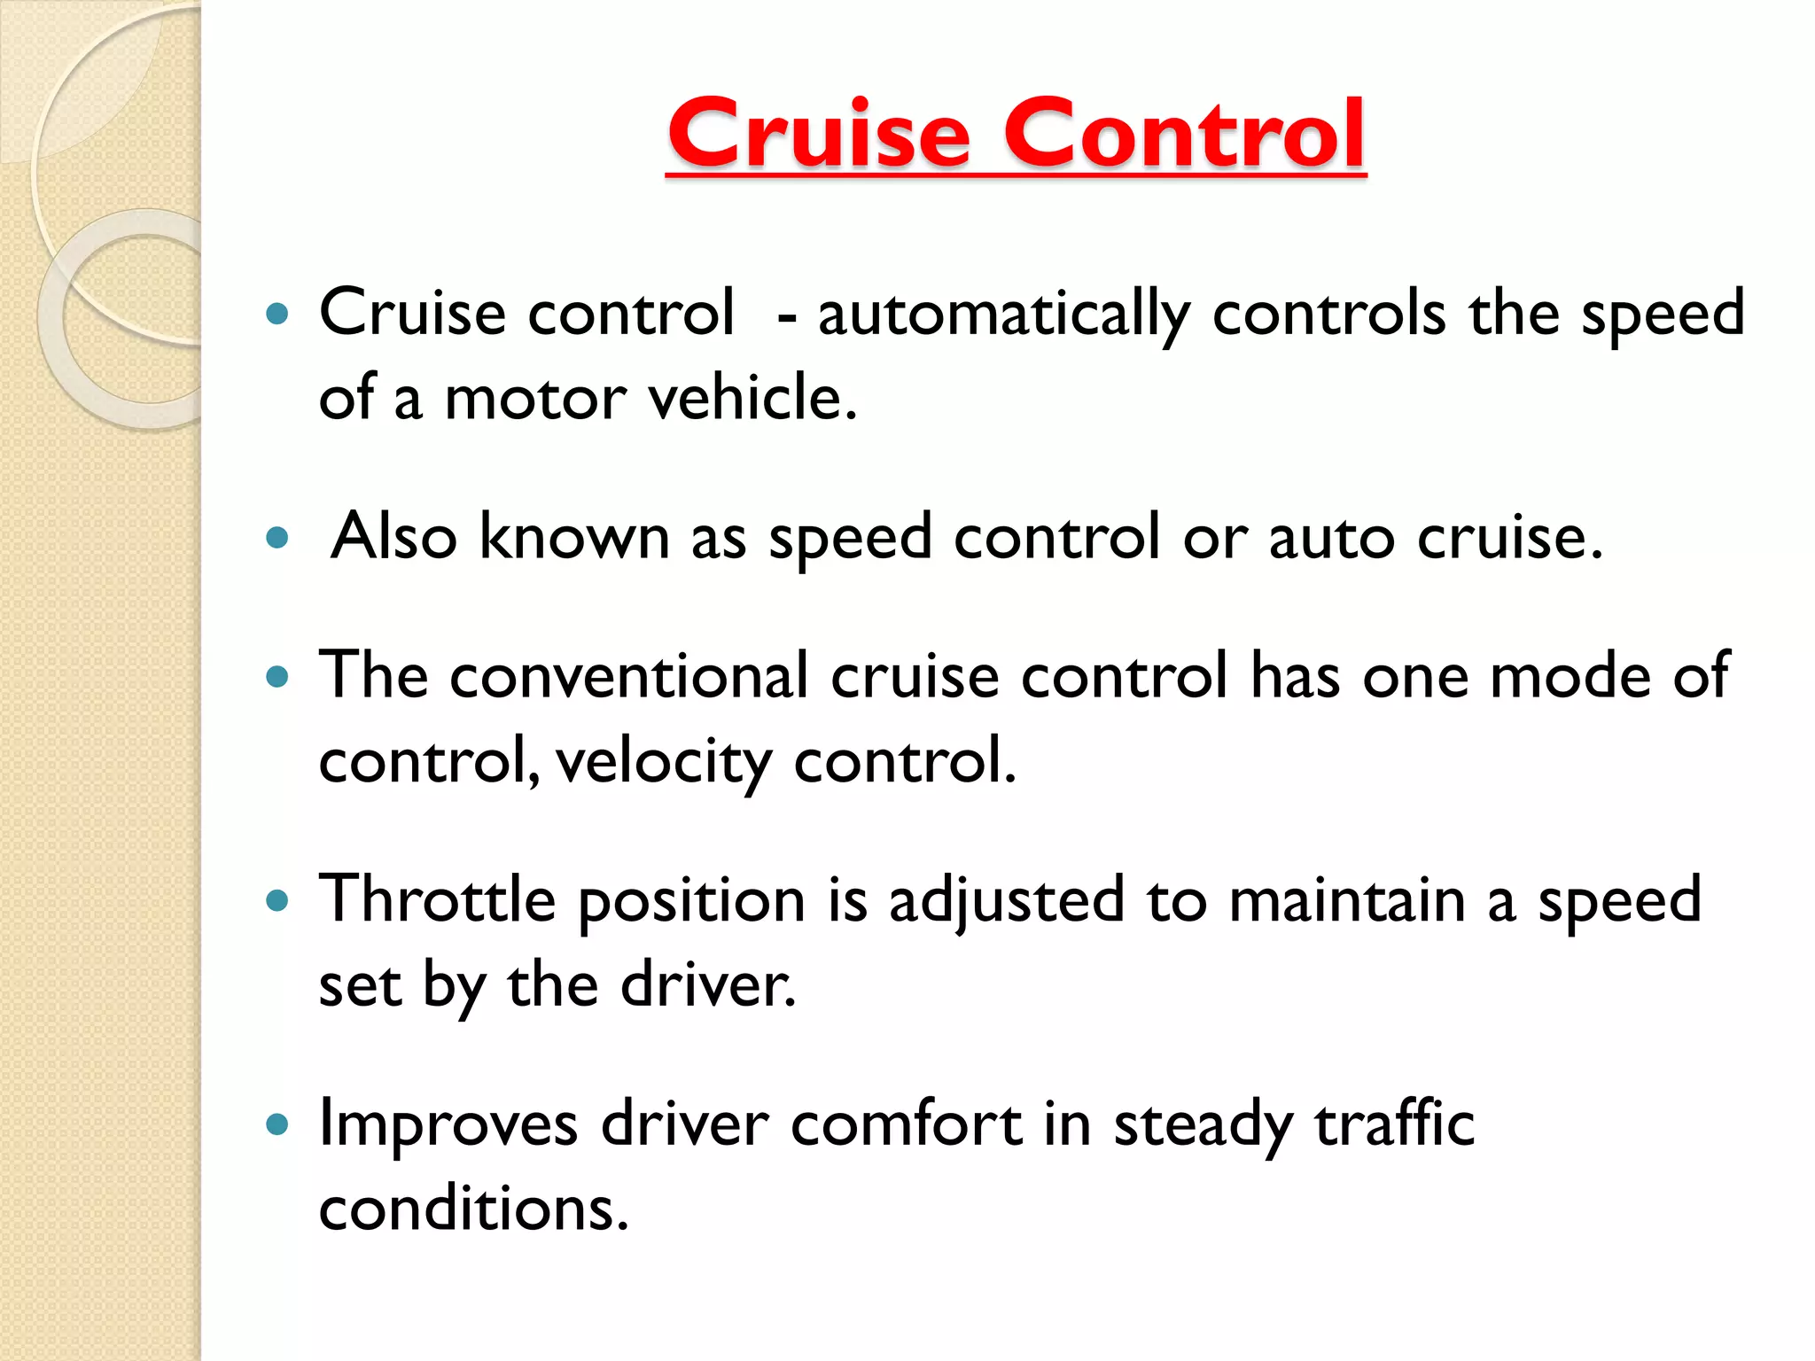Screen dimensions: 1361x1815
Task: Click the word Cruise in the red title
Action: coord(819,135)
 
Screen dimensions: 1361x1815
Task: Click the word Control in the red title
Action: coord(1184,135)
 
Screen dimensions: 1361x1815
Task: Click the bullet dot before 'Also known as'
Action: coord(277,537)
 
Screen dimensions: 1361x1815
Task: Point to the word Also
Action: coord(393,537)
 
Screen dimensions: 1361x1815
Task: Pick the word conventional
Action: coord(628,676)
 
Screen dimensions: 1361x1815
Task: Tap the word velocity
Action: coord(664,762)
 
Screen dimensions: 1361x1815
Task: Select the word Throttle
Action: coord(437,900)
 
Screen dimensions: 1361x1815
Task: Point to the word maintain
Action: coord(1347,900)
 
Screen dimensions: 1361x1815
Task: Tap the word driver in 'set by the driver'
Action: coord(707,985)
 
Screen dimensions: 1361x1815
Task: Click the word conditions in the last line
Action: coord(473,1209)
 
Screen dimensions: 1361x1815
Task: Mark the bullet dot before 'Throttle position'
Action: coord(277,901)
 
